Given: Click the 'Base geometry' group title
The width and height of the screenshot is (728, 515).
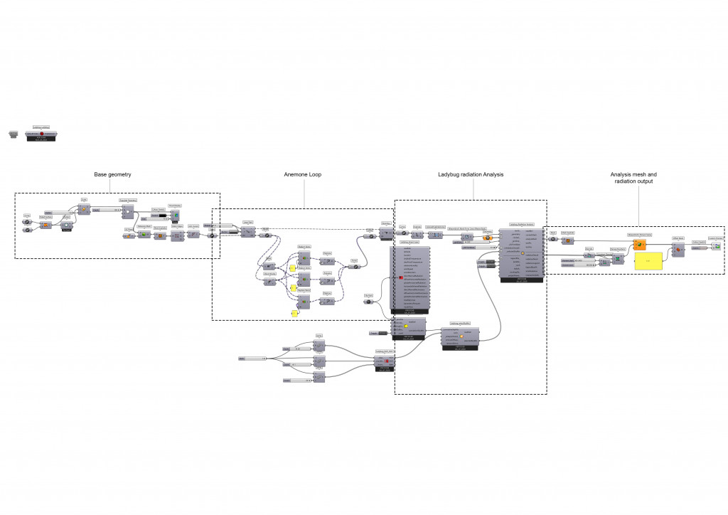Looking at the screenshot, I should (x=113, y=174).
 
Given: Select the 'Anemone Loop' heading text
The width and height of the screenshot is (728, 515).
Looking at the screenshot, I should (x=302, y=174).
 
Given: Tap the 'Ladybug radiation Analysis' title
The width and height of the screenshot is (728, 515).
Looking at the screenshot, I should (x=470, y=174).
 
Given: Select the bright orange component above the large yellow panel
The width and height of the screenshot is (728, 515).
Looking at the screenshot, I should (x=639, y=245).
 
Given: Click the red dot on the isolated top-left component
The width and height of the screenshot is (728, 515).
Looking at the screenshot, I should (x=42, y=134).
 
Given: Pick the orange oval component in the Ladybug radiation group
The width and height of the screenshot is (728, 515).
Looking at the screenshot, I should (x=488, y=238).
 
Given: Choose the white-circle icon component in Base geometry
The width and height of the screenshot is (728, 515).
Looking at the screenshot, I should (x=66, y=225).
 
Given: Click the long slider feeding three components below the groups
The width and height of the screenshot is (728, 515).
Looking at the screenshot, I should (x=252, y=359).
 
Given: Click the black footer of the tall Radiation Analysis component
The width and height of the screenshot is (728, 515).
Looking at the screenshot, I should (x=521, y=280).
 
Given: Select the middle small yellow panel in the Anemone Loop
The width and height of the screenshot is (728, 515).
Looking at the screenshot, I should (x=292, y=289).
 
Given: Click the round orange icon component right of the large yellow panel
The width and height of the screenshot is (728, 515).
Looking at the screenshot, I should (x=678, y=248).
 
